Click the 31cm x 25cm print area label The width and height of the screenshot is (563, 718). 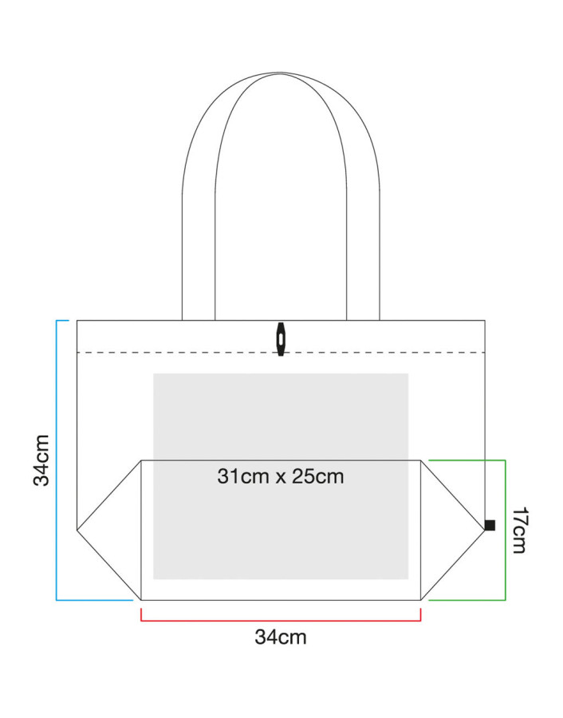point(281,477)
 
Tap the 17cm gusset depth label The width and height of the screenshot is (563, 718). point(519,530)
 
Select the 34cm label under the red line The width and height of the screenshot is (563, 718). point(281,637)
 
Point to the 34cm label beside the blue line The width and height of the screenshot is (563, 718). point(41,460)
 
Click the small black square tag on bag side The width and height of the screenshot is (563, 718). point(490,525)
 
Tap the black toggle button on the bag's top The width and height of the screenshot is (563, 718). point(281,339)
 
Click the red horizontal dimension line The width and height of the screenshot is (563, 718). point(281,621)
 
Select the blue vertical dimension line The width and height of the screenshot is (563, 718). point(57,460)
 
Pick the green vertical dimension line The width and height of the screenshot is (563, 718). point(506,530)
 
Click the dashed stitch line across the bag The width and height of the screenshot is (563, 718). point(281,353)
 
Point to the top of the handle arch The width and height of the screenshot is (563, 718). point(281,73)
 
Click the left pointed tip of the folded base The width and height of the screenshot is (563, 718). point(77,531)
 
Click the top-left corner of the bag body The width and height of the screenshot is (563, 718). point(77,321)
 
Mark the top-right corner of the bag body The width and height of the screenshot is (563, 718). point(485,321)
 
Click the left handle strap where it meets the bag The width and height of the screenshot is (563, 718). point(199,320)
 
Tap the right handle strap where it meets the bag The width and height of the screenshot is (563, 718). point(363,320)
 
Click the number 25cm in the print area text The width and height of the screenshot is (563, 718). point(318,477)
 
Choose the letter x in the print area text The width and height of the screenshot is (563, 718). point(281,479)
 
